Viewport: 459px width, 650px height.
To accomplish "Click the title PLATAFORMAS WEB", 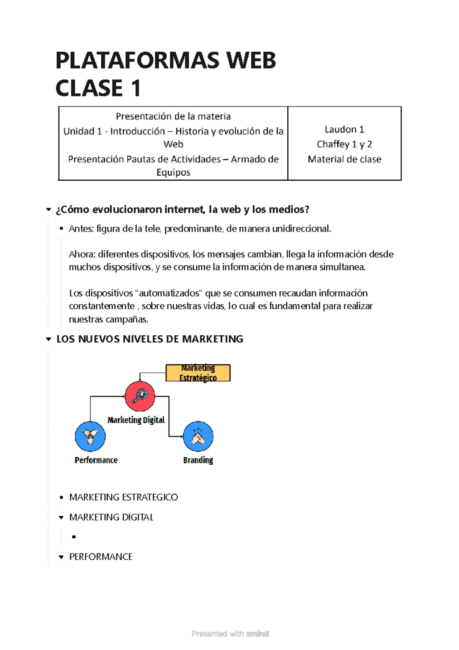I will [165, 61].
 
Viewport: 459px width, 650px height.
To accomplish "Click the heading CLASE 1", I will [98, 88].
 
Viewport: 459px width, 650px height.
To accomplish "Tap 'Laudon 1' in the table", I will [344, 129].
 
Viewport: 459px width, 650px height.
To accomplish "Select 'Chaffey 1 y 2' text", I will [344, 144].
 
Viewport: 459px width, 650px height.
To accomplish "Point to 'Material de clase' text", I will [344, 159].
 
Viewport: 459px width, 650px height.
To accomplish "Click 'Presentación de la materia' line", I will [173, 116].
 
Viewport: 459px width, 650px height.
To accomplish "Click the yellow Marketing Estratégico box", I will [198, 373].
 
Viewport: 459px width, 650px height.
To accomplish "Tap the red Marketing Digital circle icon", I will [140, 396].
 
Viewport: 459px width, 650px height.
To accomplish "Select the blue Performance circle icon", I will [90, 436].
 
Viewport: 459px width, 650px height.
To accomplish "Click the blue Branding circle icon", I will [198, 436].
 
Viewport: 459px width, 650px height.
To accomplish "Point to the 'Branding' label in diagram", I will [198, 460].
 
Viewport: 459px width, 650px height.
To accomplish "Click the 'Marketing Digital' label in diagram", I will [136, 420].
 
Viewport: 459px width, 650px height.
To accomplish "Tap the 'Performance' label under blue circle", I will [96, 460].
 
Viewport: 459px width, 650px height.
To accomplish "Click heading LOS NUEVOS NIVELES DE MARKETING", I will [150, 339].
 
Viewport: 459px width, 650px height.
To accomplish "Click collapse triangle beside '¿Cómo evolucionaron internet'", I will [48, 210].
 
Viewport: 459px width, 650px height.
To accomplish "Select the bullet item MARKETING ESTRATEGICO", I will [123, 497].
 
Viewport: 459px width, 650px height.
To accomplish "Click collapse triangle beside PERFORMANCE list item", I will [61, 557].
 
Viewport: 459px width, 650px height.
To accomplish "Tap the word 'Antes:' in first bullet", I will [81, 229].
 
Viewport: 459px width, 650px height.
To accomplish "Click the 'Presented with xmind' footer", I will [230, 634].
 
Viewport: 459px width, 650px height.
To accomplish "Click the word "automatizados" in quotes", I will [169, 293].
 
